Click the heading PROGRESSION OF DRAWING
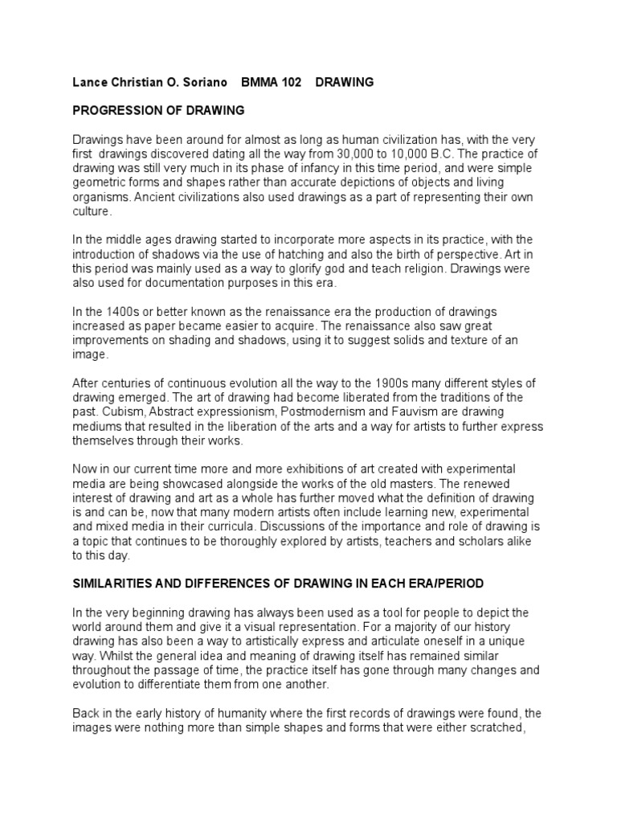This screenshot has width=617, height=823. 158,109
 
